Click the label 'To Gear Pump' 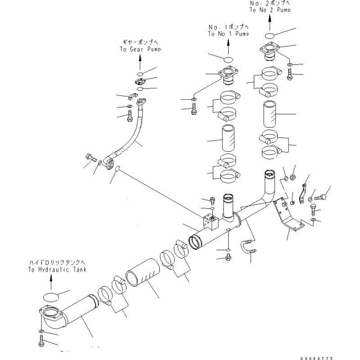point(140,49)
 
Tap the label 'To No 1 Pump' point(229,34)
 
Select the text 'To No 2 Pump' point(270,9)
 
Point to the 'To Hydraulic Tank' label point(57,269)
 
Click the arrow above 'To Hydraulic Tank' point(51,282)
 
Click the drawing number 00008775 point(316,358)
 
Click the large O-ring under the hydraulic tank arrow point(51,297)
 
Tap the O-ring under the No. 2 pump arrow point(270,36)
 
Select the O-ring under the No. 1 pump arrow point(228,59)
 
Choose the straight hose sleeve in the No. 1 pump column point(228,138)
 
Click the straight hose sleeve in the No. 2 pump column point(270,114)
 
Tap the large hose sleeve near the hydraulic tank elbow point(143,273)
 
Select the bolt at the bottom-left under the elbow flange point(41,341)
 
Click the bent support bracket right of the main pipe point(287,216)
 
